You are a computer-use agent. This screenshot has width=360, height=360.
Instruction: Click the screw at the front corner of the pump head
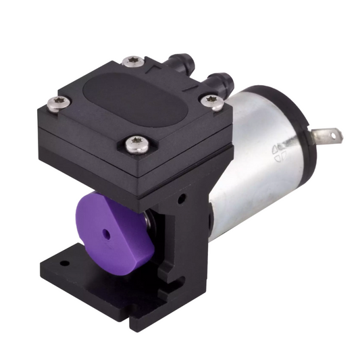136,145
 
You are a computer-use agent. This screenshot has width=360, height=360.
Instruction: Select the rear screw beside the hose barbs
133,61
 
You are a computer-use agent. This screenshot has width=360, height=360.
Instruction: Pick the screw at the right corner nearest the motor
213,101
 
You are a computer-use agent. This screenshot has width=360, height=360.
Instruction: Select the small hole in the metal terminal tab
332,136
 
